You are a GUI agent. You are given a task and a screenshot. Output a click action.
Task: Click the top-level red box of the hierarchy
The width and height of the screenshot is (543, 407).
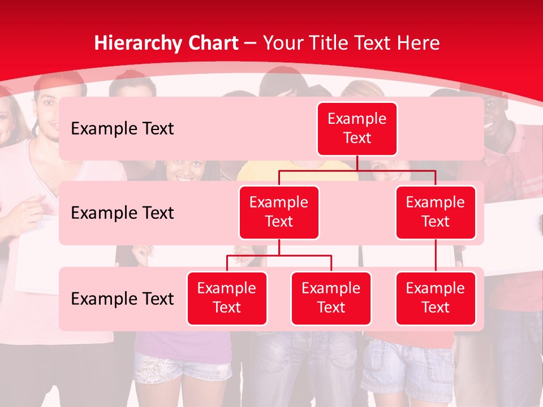pos(357,128)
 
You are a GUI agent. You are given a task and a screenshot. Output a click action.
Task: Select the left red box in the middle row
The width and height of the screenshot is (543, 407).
pos(279,212)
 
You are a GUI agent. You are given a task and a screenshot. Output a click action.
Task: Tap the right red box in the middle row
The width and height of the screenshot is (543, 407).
pos(436,212)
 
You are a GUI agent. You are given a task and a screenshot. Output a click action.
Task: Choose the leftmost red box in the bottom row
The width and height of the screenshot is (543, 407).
pos(227,298)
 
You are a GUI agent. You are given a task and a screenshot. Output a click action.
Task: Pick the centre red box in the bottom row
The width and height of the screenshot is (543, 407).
pos(331,298)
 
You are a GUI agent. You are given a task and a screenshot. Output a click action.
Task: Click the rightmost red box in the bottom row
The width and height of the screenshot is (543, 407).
pos(436,298)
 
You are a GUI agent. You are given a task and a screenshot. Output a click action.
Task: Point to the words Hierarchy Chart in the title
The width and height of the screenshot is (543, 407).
pos(166,43)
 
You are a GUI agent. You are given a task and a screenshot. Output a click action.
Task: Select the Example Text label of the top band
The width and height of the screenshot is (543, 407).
pos(122,128)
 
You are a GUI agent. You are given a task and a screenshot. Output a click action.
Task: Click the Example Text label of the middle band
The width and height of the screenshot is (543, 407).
pos(122,213)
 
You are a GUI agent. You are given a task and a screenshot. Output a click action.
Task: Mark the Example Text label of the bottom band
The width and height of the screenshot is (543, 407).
pos(122,298)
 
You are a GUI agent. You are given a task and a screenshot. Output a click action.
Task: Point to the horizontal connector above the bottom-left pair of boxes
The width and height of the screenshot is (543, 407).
pos(279,256)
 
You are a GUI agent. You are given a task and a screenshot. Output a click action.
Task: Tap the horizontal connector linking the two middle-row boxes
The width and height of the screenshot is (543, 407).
pos(357,170)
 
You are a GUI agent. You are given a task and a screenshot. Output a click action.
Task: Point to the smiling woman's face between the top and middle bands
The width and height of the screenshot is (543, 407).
pos(184,170)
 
